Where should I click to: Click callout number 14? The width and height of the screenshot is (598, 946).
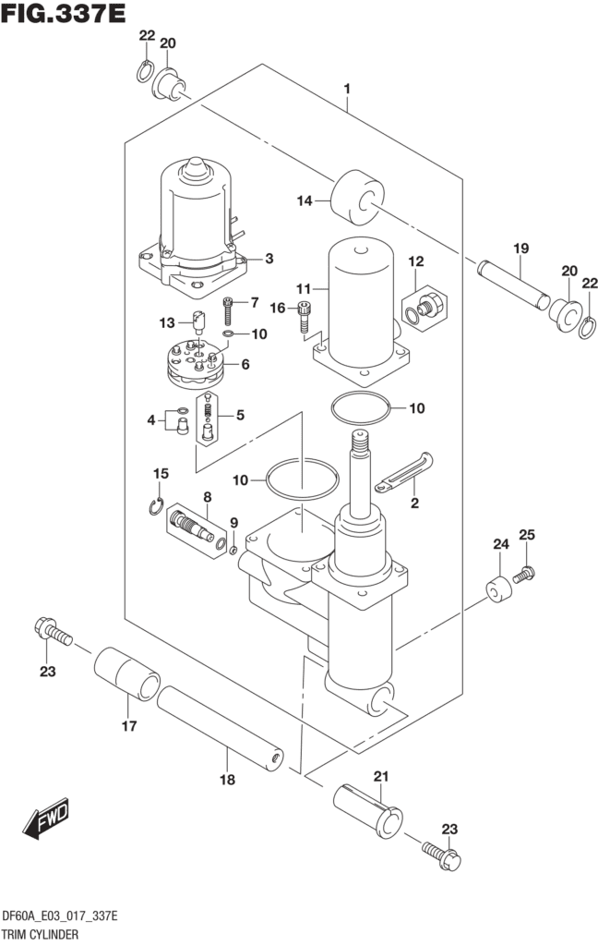coord(303,200)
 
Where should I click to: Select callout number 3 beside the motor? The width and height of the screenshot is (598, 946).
coord(269,259)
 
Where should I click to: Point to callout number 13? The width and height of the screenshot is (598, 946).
coord(167,322)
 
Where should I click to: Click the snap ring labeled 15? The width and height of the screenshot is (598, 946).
coord(157,504)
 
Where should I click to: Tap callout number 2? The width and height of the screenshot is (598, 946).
coord(414,503)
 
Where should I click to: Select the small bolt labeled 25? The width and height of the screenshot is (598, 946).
coord(523,575)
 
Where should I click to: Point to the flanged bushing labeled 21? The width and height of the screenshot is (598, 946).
coord(368,808)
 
